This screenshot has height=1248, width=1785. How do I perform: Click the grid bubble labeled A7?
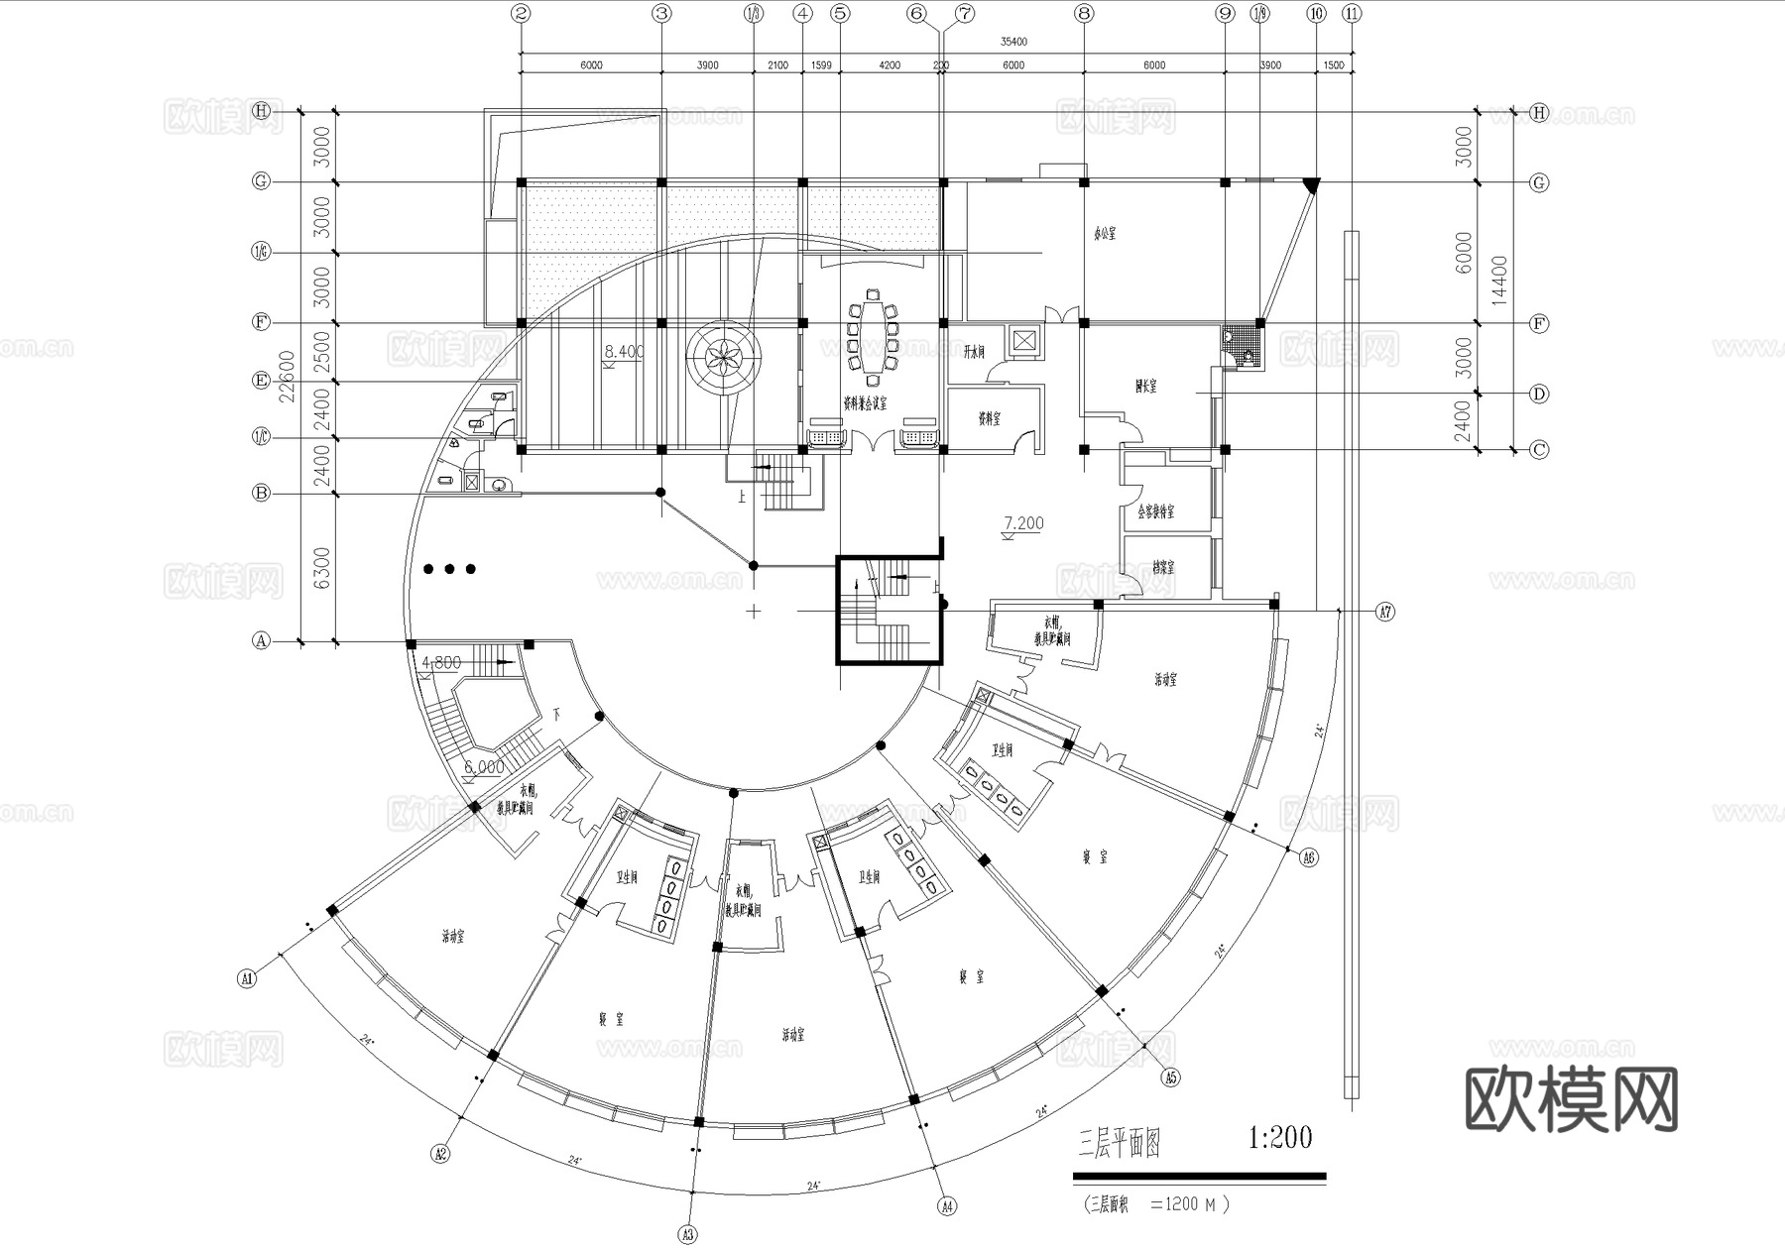point(1385,613)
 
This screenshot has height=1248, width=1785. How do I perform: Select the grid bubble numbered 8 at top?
point(1084,14)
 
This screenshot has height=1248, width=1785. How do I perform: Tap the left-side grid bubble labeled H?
point(261,111)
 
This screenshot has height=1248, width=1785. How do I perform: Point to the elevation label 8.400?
point(624,351)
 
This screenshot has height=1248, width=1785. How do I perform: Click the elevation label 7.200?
point(1023,523)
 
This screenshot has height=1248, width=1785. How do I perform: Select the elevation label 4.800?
point(441,661)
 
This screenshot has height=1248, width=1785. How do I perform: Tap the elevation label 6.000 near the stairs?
point(484,767)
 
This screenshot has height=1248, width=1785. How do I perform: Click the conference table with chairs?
point(873,333)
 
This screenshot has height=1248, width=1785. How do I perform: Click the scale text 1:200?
point(1280,1137)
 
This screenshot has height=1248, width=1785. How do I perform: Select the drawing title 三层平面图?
point(1119,1145)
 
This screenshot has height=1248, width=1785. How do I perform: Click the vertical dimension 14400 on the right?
point(1497,281)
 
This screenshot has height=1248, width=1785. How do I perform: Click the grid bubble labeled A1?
point(247,978)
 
